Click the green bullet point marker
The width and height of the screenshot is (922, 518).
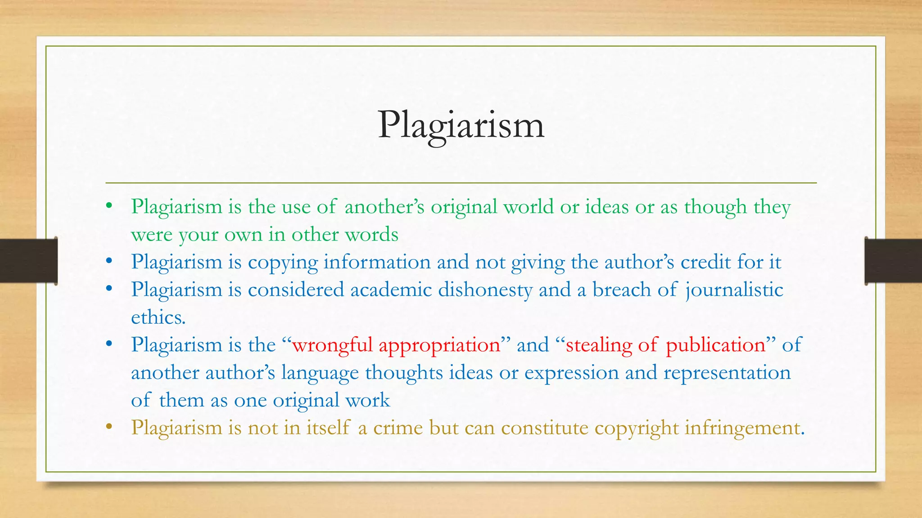(x=108, y=207)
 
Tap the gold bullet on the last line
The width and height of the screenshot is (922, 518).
(x=108, y=427)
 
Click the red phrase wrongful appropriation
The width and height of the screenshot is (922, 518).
(x=396, y=345)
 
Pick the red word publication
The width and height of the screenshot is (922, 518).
(x=715, y=345)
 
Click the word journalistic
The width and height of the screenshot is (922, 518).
(x=734, y=290)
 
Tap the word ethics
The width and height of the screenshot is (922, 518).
(x=158, y=317)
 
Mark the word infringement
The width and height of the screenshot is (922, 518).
(x=744, y=428)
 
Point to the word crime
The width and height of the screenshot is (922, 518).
(x=398, y=428)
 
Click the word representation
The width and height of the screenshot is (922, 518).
(x=727, y=373)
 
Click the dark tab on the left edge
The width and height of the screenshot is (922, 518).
(x=28, y=261)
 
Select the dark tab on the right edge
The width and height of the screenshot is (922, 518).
(x=893, y=261)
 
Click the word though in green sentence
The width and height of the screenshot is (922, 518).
(x=715, y=207)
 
